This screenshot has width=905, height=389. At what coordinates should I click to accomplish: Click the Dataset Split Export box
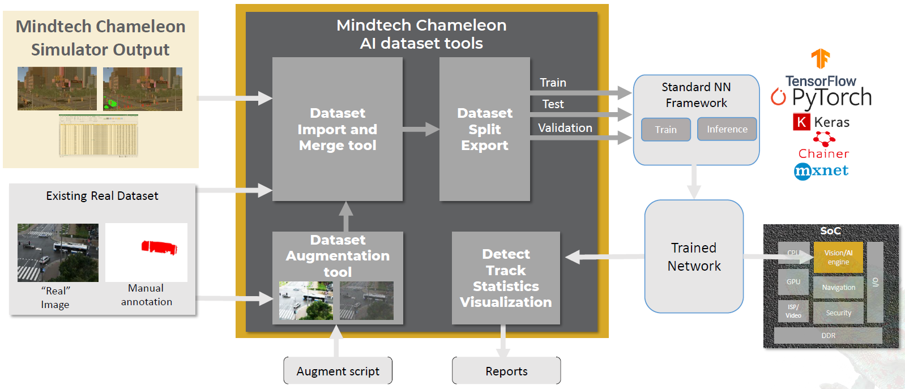tap(484, 129)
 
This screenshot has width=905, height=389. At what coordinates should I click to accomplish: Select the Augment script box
tap(338, 371)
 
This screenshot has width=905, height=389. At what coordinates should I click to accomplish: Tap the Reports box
tap(506, 371)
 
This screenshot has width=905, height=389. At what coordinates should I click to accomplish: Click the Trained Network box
tap(694, 257)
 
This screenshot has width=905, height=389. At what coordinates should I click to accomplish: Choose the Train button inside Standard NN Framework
tap(665, 130)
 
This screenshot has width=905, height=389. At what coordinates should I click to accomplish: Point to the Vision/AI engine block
tap(838, 258)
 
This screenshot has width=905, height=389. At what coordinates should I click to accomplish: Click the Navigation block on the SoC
tap(838, 288)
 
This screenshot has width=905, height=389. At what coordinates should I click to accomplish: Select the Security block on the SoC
tap(838, 313)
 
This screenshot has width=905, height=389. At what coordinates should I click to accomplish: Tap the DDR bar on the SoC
tap(828, 336)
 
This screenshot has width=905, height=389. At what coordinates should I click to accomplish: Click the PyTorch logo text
tap(831, 98)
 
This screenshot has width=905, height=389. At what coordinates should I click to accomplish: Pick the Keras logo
tap(822, 122)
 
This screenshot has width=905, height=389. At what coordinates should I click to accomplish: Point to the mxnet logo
tap(821, 170)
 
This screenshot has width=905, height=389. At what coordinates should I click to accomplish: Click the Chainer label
tap(823, 153)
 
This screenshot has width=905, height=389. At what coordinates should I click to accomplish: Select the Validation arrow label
tap(565, 128)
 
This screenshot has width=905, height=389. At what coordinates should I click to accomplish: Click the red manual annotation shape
tap(159, 247)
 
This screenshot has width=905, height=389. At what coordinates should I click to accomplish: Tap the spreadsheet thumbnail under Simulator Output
tap(99, 136)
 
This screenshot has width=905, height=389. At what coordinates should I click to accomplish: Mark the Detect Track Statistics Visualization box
tap(506, 278)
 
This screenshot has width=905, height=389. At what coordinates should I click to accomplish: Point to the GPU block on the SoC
tap(793, 282)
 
